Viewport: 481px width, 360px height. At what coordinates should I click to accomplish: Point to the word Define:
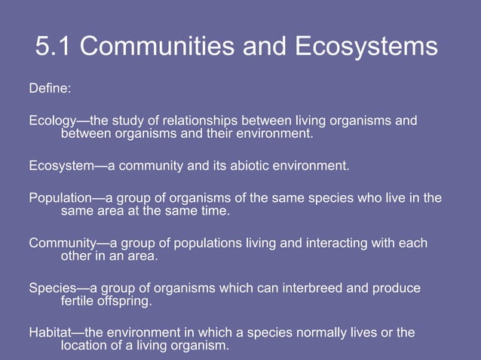click(50, 89)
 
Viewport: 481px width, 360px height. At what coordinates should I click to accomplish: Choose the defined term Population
click(60, 199)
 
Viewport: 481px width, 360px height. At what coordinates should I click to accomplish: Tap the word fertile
click(77, 301)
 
